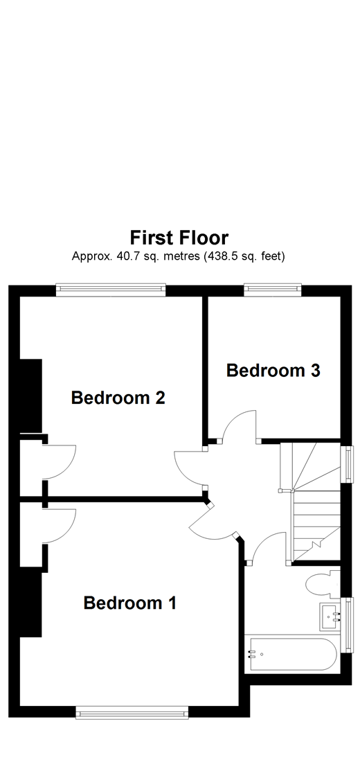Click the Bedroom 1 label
[x=130, y=603]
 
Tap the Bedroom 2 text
[x=118, y=398]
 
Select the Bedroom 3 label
[x=273, y=371]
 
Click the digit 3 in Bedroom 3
[x=315, y=371]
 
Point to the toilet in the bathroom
[x=320, y=583]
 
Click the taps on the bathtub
[x=253, y=655]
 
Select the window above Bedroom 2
[x=111, y=290]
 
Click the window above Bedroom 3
[x=274, y=290]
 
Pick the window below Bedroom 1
[x=132, y=712]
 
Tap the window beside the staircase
[x=348, y=463]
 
